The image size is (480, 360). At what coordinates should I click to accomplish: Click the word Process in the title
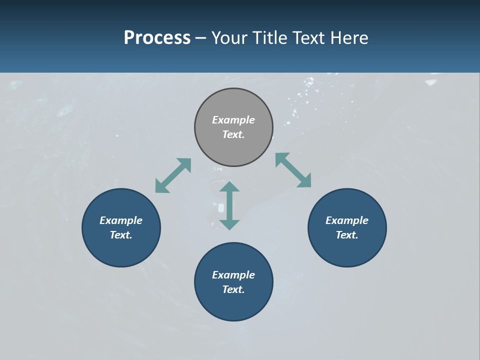coord(157,38)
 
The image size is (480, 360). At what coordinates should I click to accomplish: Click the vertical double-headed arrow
coord(229,205)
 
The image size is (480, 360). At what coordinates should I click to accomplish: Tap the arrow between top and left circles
coord(173,175)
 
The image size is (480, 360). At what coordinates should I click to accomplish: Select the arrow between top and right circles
coord(293,170)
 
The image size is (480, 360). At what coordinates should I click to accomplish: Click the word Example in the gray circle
coord(233,120)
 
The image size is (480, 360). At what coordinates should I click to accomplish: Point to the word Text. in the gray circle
coord(233,134)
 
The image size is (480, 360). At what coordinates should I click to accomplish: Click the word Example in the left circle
coord(121,220)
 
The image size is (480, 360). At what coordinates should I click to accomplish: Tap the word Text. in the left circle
coord(121,235)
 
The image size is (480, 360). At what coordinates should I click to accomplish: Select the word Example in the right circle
coord(347,220)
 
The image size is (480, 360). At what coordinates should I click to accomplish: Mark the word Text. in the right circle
coord(347,235)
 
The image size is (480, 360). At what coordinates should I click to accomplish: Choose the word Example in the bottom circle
coord(233,275)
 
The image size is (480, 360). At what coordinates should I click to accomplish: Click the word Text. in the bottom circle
coord(233,289)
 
